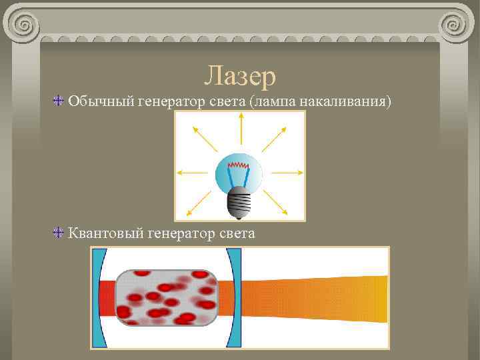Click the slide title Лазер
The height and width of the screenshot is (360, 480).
pyautogui.click(x=240, y=76)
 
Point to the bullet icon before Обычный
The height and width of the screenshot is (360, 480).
pyautogui.click(x=59, y=101)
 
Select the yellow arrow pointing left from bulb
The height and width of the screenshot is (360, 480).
pyautogui.click(x=194, y=173)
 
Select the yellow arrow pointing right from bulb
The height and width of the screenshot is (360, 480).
pyautogui.click(x=287, y=173)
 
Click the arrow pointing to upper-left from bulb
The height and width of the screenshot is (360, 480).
pyautogui.click(x=203, y=138)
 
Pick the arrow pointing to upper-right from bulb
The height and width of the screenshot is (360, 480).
pyautogui.click(x=275, y=138)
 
